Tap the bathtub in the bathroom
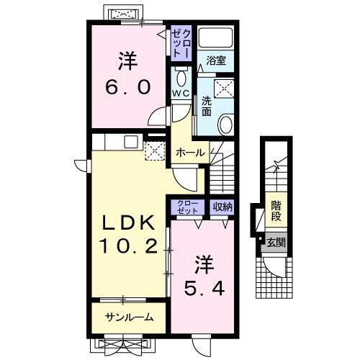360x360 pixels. [216, 37]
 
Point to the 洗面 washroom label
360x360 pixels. [207, 105]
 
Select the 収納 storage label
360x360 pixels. [222, 207]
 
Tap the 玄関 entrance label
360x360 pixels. [275, 243]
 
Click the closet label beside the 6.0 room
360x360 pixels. [180, 44]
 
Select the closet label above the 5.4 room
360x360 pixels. [187, 207]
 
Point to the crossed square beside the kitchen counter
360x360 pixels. [154, 150]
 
